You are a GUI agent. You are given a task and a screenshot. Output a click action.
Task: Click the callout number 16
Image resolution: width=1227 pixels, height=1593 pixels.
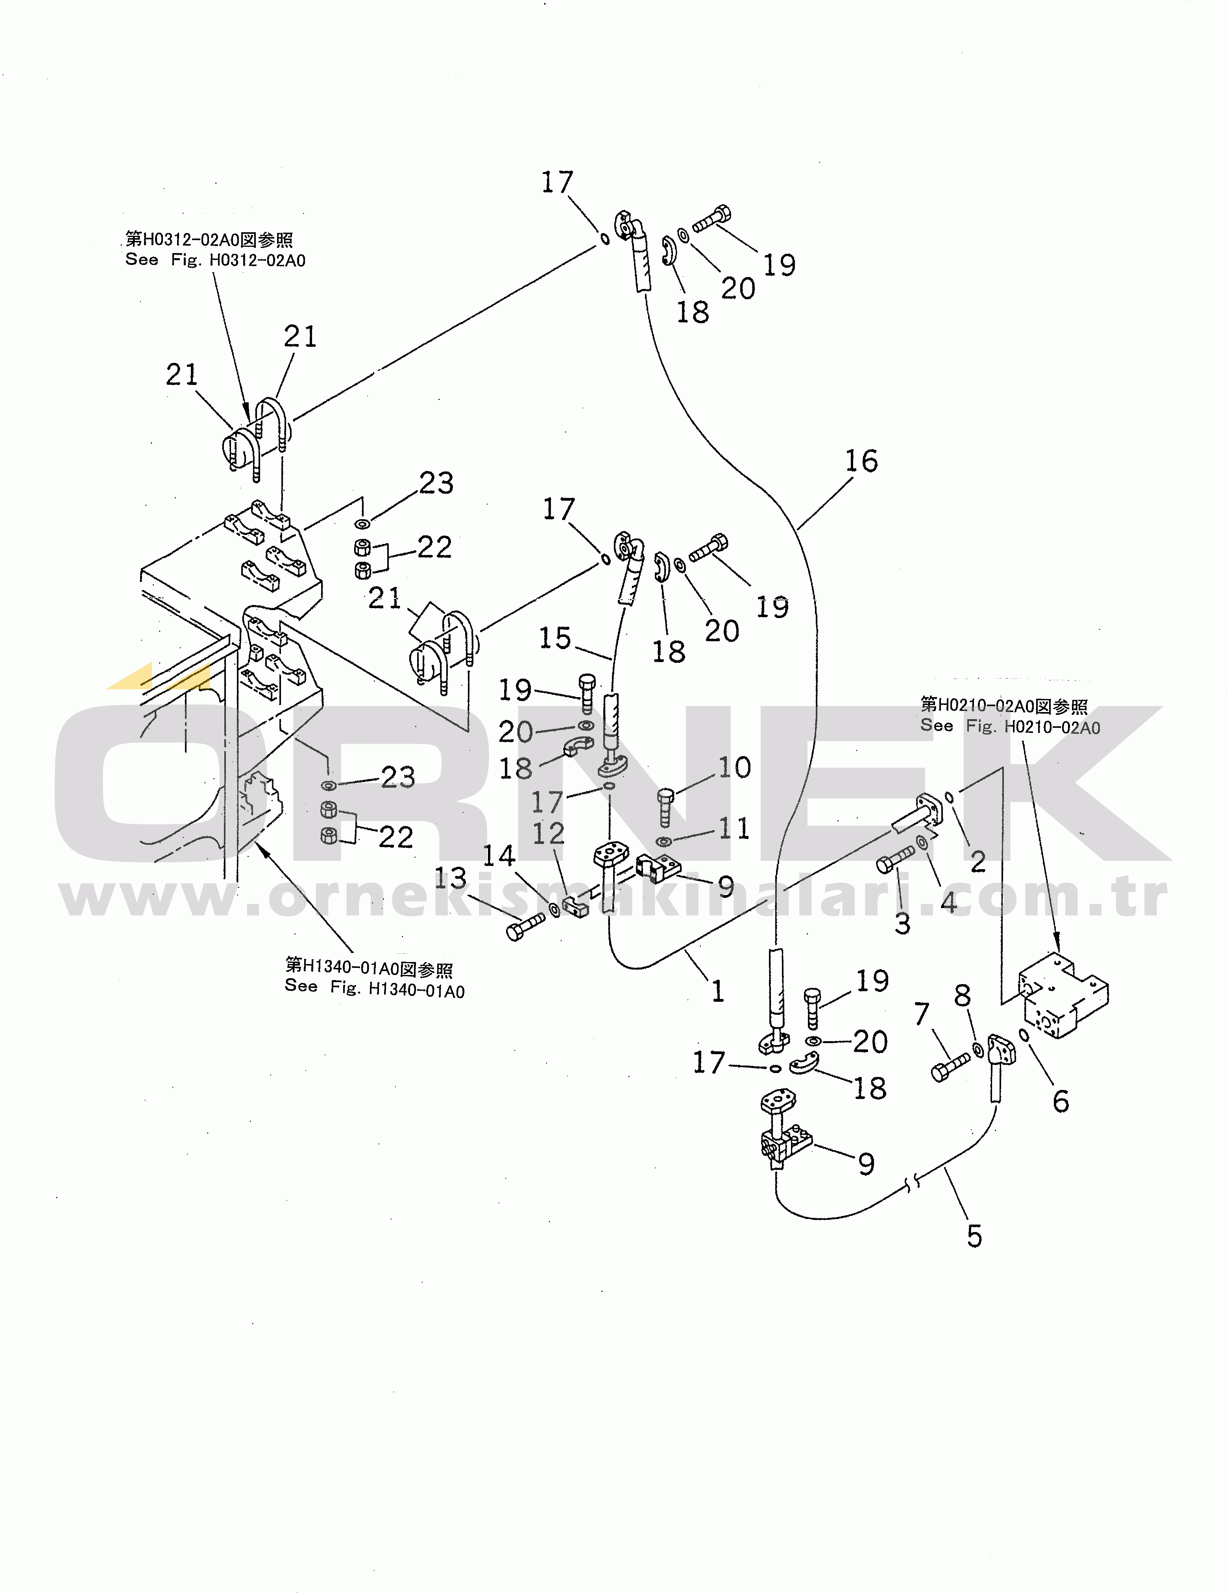[x=861, y=461]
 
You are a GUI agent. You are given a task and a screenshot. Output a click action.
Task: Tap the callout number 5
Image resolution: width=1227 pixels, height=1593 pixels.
[x=974, y=1236]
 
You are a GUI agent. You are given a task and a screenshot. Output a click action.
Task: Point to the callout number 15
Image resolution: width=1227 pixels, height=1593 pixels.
[x=555, y=638]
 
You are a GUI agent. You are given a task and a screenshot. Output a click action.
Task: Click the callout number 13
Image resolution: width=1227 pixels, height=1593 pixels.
[x=450, y=878]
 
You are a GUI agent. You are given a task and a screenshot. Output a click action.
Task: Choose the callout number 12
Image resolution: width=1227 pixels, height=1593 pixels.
[x=548, y=833]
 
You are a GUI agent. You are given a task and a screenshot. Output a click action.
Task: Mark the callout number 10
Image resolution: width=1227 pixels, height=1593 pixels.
[x=734, y=767]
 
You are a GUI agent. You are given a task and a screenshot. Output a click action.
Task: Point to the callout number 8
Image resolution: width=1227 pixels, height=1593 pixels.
[x=962, y=995]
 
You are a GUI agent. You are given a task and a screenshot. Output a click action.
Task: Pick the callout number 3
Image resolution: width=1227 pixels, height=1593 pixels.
[x=903, y=923]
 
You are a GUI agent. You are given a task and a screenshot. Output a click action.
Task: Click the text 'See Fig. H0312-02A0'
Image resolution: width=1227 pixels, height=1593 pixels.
[x=215, y=260]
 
